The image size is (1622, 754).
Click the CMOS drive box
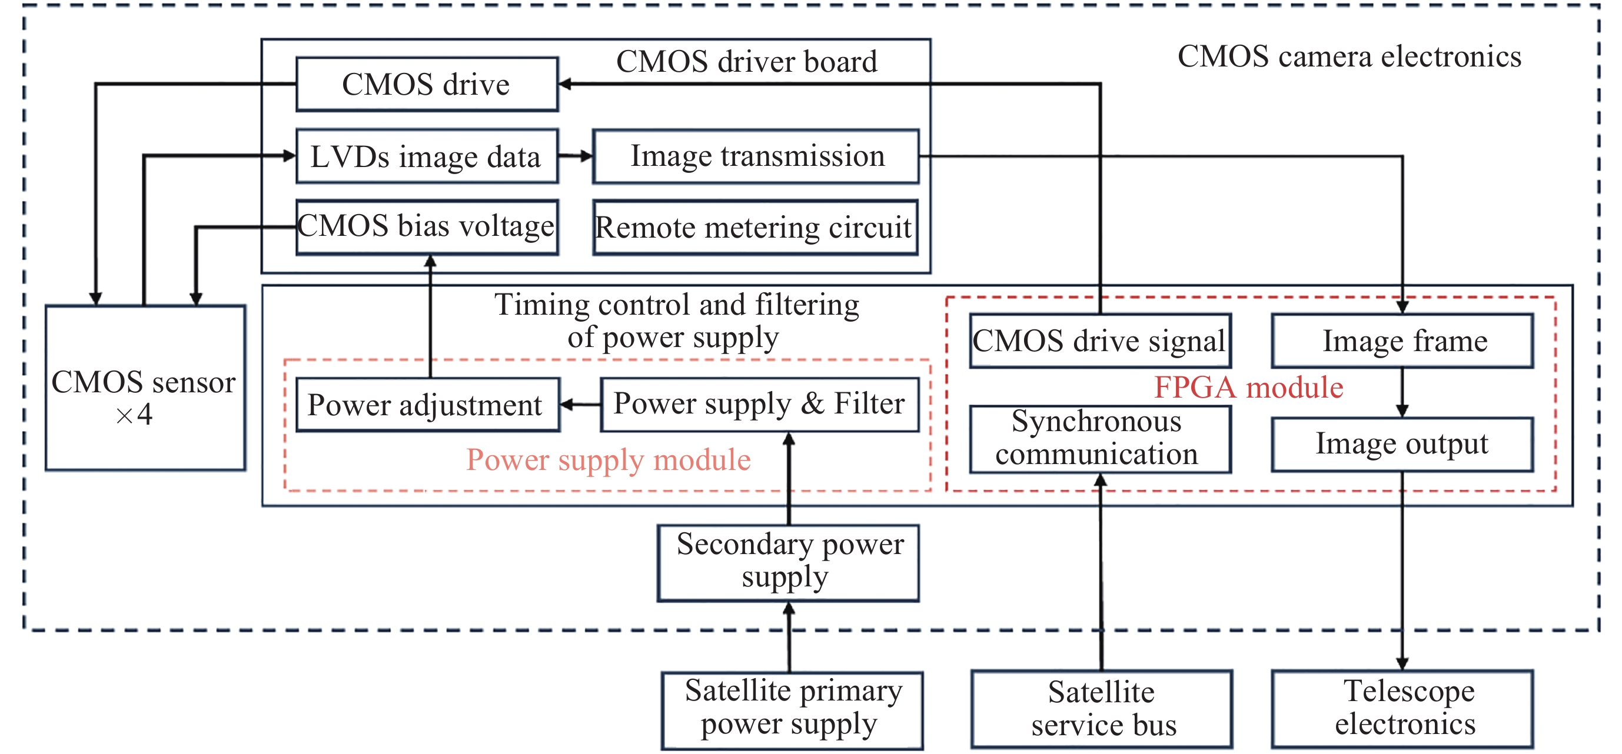pyautogui.click(x=427, y=84)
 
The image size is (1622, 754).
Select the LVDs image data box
pyautogui.click(x=427, y=156)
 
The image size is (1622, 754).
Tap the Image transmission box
pyautogui.click(x=756, y=156)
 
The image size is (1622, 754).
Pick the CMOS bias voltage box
pyautogui.click(x=427, y=227)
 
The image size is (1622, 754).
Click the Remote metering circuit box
pyautogui.click(x=755, y=228)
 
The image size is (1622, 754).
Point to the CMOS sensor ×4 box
pyautogui.click(x=145, y=388)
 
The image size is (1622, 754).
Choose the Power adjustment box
pyautogui.click(x=427, y=405)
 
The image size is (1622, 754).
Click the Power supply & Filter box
pyautogui.click(x=759, y=404)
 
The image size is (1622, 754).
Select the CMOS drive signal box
pyautogui.click(x=1099, y=341)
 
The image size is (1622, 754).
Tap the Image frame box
pyautogui.click(x=1402, y=341)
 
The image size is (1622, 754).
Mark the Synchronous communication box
pyautogui.click(x=1099, y=439)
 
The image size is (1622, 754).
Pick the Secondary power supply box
pyautogui.click(x=788, y=563)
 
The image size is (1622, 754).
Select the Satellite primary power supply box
pyautogui.click(x=792, y=710)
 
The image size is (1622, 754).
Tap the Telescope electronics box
pyautogui.click(x=1402, y=709)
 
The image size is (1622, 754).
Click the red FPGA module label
pyautogui.click(x=1248, y=388)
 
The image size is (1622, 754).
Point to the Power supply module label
pyautogui.click(x=609, y=460)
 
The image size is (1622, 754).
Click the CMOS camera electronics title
pyautogui.click(x=1349, y=56)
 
